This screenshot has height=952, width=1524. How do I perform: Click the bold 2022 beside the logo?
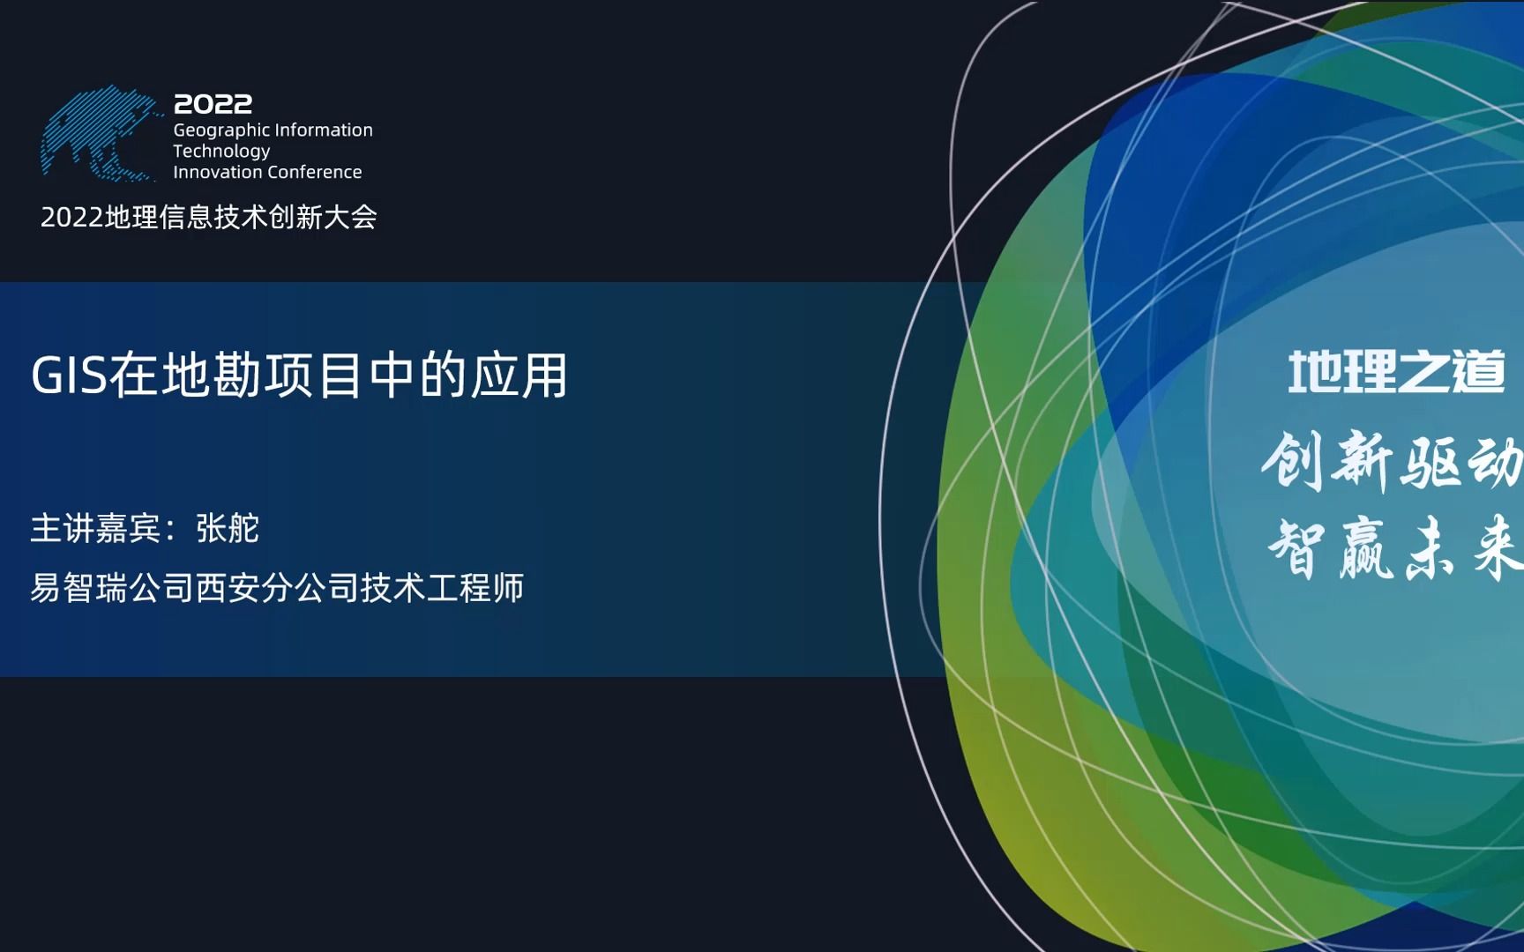213,104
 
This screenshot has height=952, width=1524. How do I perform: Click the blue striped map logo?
100,135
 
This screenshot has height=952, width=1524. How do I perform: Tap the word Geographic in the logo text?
221,130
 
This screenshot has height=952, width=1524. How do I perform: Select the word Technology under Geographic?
221,152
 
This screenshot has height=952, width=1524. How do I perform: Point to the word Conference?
315,172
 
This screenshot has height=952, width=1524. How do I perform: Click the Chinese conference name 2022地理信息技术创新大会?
209,217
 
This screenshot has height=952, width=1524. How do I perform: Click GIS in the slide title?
69,376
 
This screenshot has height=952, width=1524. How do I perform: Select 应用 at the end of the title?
519,376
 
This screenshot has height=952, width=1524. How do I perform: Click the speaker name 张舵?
228,529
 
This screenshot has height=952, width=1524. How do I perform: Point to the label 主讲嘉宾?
95,529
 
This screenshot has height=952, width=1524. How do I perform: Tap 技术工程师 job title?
443,588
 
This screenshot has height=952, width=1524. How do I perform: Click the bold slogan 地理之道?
1397,372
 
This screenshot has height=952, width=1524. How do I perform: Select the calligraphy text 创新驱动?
1392,462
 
